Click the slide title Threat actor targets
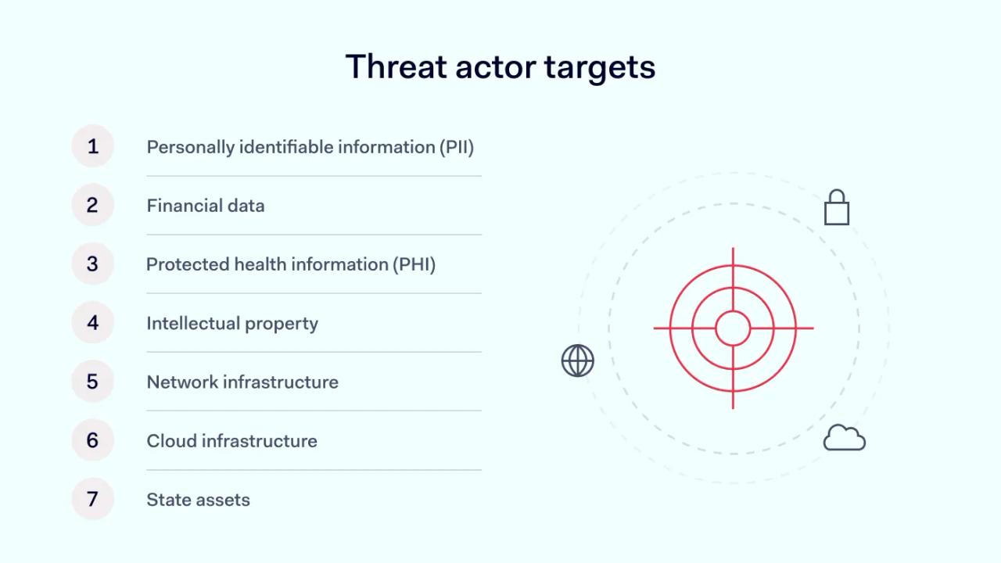(500, 67)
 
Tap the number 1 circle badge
(92, 146)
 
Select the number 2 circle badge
(92, 205)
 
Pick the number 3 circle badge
(92, 264)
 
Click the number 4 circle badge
(92, 322)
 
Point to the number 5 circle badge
(92, 382)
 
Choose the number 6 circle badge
(92, 440)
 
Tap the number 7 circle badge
(92, 499)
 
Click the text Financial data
(206, 206)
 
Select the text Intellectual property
(232, 323)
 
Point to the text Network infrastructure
(242, 382)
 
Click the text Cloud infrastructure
(231, 441)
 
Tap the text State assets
(198, 500)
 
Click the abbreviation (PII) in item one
(457, 147)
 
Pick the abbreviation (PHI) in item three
(414, 264)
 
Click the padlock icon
(837, 208)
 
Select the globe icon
(578, 360)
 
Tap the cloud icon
(845, 438)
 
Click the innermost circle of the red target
(733, 328)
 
